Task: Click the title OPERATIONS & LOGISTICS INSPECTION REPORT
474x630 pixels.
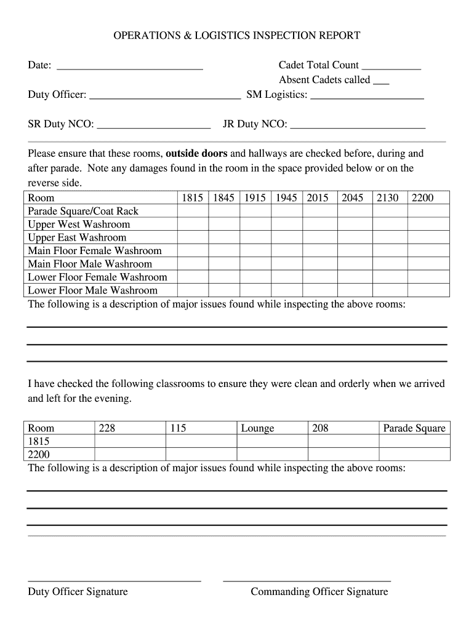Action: coord(237,36)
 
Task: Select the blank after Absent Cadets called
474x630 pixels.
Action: coord(381,83)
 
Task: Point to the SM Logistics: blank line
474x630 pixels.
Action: coord(367,98)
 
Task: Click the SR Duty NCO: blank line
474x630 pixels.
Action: coord(153,127)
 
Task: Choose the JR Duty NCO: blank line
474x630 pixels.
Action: coord(358,127)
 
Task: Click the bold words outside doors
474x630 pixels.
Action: coord(196,153)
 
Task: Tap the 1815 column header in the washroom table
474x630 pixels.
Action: coord(193,197)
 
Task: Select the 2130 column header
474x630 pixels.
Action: coord(387,197)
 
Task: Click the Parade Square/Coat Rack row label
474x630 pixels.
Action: coord(83,211)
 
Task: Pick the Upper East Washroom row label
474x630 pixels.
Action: coord(77,237)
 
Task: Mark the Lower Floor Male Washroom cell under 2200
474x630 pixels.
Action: coord(428,290)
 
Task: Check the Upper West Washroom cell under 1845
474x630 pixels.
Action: coord(223,225)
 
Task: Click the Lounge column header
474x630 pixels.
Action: coord(257,428)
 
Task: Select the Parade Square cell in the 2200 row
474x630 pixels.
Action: coord(414,455)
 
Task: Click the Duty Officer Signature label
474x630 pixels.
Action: coord(78,592)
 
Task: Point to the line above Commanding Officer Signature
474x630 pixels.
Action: coord(307,580)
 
